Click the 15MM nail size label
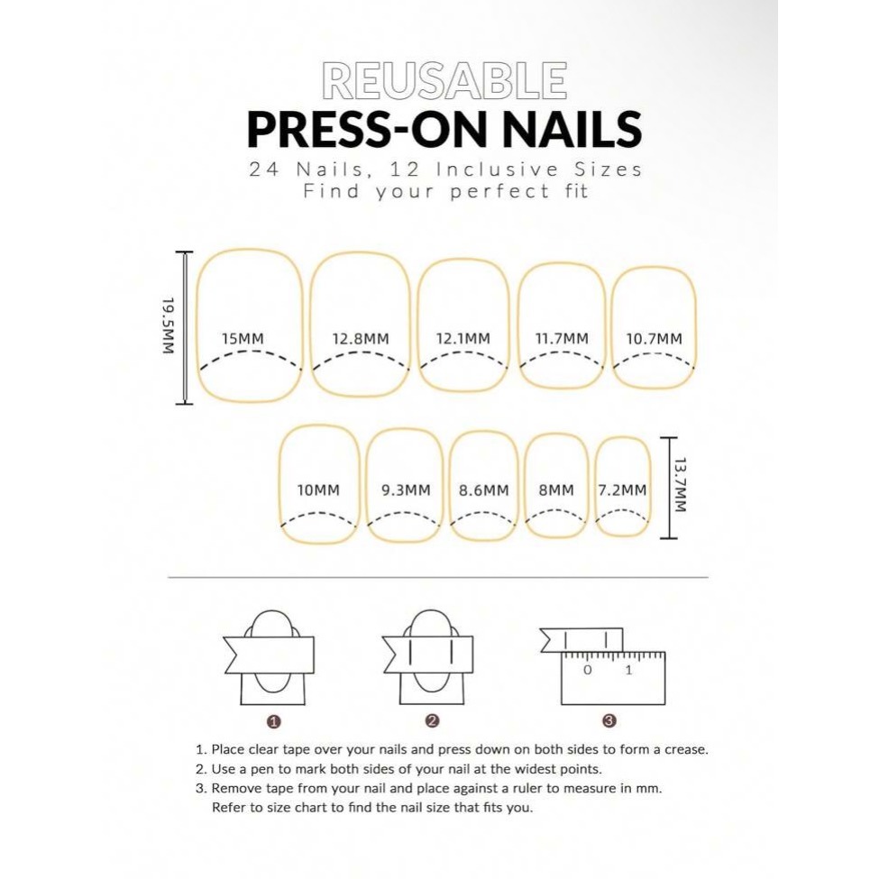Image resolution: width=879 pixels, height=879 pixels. tap(243, 339)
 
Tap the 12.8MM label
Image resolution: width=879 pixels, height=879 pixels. tap(361, 339)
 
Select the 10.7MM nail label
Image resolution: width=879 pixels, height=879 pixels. tap(655, 339)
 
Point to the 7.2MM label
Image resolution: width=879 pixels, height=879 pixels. tap(622, 490)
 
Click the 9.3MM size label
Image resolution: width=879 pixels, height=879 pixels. tap(406, 490)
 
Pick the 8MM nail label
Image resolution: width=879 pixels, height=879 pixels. tap(556, 490)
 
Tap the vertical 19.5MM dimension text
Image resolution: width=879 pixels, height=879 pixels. tap(169, 325)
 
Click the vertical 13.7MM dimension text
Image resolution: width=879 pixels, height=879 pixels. tap(680, 485)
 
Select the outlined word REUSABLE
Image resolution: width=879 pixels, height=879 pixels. tap(444, 81)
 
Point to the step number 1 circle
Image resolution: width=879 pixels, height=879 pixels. tap(274, 721)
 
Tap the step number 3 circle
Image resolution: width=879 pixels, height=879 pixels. tap(609, 721)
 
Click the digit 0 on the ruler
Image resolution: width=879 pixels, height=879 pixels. tap(587, 670)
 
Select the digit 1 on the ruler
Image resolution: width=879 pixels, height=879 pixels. tap(628, 670)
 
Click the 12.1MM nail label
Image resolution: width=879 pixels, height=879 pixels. tap(463, 339)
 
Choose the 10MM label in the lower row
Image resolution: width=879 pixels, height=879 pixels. tap(318, 490)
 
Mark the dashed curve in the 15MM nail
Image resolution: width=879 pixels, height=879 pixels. tap(251, 352)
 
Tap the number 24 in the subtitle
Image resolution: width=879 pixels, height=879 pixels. tap(264, 169)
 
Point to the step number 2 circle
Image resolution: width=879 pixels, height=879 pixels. tap(432, 721)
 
